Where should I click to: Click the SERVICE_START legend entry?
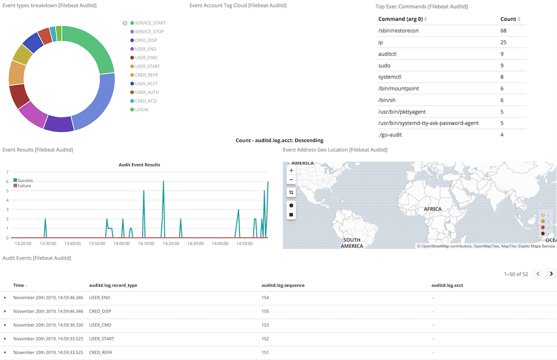click(150, 23)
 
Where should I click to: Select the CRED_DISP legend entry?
click(145, 40)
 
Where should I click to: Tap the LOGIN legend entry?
click(141, 109)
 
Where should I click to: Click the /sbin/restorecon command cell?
click(398, 30)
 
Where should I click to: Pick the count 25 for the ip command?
click(504, 42)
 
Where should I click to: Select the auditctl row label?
click(387, 54)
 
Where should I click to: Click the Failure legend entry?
click(24, 186)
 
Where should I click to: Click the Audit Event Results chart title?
click(139, 165)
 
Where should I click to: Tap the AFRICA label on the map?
click(432, 209)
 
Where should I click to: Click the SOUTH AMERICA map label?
click(351, 243)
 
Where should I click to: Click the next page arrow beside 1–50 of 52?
click(551, 274)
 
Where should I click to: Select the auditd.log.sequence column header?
click(283, 285)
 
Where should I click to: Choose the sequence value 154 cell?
click(265, 298)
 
